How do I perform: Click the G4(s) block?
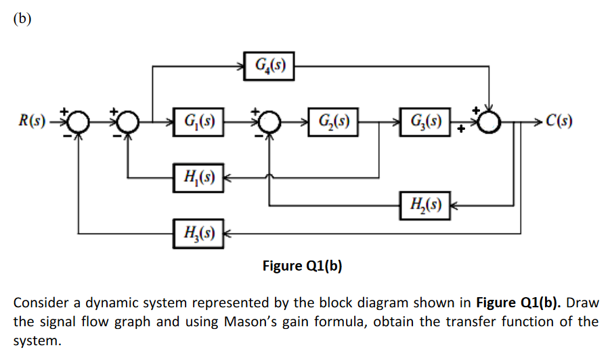tap(269, 66)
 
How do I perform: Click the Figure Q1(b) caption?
tap(302, 265)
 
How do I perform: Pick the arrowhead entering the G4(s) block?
tap(241, 66)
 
